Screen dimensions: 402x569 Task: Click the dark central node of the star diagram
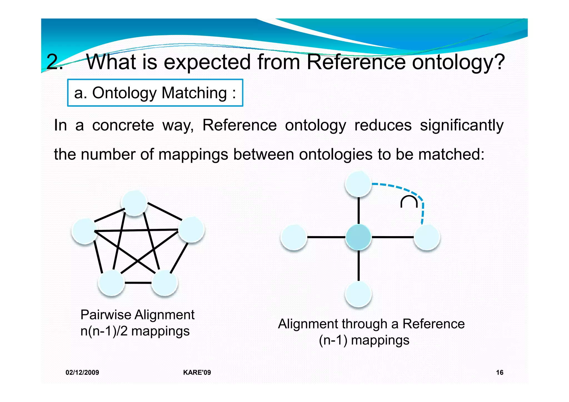(358, 237)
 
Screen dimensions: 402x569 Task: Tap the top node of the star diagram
(358, 184)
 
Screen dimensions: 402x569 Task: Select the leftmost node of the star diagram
(294, 237)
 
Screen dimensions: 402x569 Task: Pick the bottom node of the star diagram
(358, 294)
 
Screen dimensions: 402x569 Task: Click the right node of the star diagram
(427, 237)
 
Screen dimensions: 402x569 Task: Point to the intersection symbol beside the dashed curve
(409, 202)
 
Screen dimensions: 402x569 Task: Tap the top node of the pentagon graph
(134, 203)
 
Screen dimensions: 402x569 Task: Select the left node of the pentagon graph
(84, 231)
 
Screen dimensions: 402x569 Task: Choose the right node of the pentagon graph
(191, 229)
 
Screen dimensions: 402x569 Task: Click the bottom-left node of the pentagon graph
(111, 283)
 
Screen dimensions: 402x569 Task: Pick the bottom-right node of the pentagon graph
(164, 283)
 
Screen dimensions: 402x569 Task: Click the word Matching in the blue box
(194, 93)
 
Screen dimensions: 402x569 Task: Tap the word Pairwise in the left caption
(106, 315)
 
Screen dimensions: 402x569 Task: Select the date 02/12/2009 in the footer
(82, 373)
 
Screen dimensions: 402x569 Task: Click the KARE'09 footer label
(197, 373)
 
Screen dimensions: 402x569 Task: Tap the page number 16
(500, 373)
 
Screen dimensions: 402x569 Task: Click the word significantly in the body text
(461, 125)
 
